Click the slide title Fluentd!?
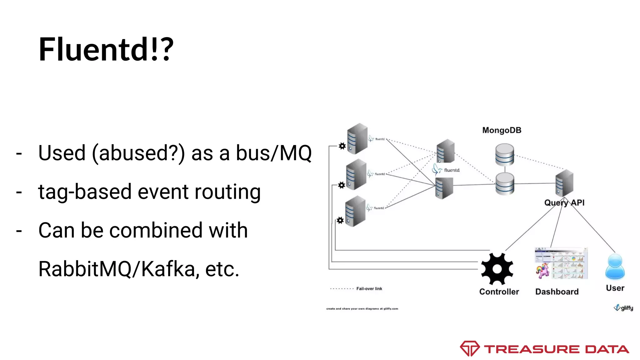coord(106,49)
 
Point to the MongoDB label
coord(502,130)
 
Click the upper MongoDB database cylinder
coord(504,154)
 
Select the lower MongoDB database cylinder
coord(504,184)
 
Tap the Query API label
coord(564,203)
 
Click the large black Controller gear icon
coord(497,269)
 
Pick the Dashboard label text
coord(557,292)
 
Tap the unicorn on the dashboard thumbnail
coord(542,270)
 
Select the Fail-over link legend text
coord(369,289)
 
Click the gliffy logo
coord(624,308)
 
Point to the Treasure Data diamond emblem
coord(469,348)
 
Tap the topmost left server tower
coord(357,138)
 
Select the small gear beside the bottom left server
coord(340,220)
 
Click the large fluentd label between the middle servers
coord(451,170)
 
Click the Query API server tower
coord(564,183)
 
